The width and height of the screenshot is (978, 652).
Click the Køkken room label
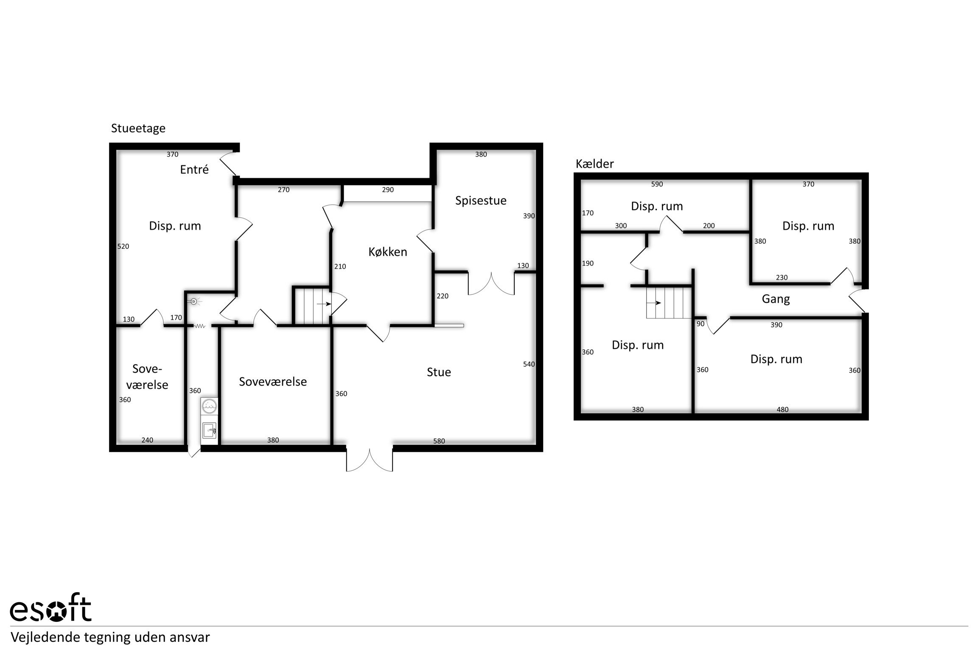pyautogui.click(x=387, y=252)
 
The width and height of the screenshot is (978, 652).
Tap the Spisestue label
pyautogui.click(x=481, y=201)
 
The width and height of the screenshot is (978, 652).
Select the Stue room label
pyautogui.click(x=439, y=372)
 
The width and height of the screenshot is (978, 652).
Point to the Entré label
pyautogui.click(x=194, y=169)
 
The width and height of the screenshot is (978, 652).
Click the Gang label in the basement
pyautogui.click(x=776, y=299)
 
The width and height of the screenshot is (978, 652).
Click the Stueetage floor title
pyautogui.click(x=138, y=128)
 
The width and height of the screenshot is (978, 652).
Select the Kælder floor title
pyautogui.click(x=595, y=164)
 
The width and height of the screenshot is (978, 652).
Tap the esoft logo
pyautogui.click(x=50, y=610)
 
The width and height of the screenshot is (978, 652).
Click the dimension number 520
pyautogui.click(x=123, y=246)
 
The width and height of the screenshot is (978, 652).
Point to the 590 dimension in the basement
pyautogui.click(x=657, y=184)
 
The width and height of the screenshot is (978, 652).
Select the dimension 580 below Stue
pyautogui.click(x=439, y=441)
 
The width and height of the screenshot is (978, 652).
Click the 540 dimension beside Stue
pyautogui.click(x=529, y=364)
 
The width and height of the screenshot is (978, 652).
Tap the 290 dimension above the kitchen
pyautogui.click(x=388, y=190)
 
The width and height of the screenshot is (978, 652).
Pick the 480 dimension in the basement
pyautogui.click(x=782, y=410)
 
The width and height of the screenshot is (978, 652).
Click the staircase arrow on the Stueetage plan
pyautogui.click(x=324, y=304)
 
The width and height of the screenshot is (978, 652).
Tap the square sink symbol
pyautogui.click(x=210, y=430)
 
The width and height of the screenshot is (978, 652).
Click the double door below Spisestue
pyautogui.click(x=491, y=283)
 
